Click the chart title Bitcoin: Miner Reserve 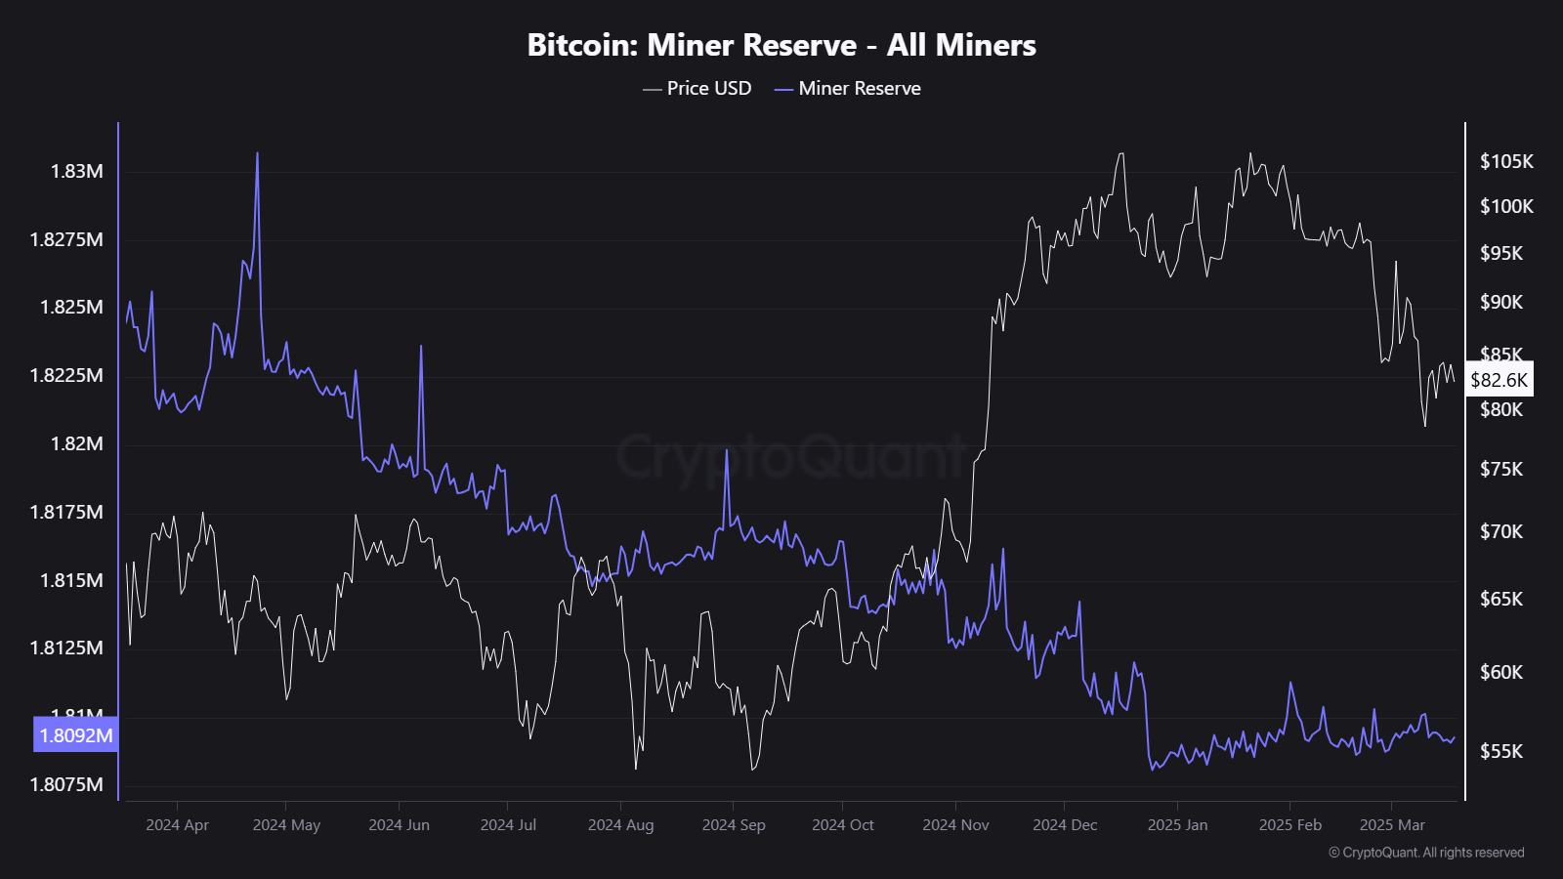coord(781,45)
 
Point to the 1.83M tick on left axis coord(76,171)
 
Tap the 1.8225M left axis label coord(66,375)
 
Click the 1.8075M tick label coord(66,784)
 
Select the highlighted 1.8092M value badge coord(76,735)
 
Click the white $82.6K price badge coord(1499,380)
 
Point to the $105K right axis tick coord(1506,161)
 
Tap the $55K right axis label coord(1501,751)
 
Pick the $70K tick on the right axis coord(1501,531)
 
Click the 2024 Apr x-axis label coord(177,824)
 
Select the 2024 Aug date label coord(620,824)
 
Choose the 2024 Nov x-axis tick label coord(955,824)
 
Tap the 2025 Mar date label coord(1392,824)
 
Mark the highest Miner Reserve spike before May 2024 coord(257,153)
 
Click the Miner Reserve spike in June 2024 coord(421,347)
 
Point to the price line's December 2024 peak coord(1120,153)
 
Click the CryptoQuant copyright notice coord(1426,853)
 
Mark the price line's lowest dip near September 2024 coord(752,769)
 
